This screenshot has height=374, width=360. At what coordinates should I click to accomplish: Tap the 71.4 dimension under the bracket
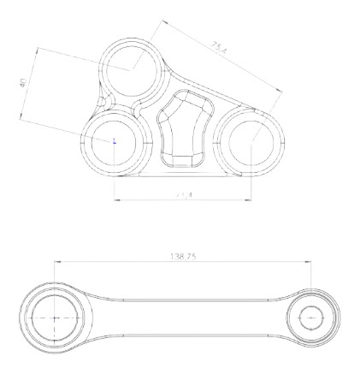click(183, 195)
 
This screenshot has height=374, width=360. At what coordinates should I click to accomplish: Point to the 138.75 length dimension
click(184, 256)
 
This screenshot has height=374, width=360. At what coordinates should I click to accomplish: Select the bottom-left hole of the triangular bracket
click(115, 141)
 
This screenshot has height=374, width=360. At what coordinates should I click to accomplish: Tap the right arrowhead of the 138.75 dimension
click(310, 263)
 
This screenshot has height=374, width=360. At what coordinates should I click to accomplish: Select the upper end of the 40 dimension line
click(38, 49)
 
